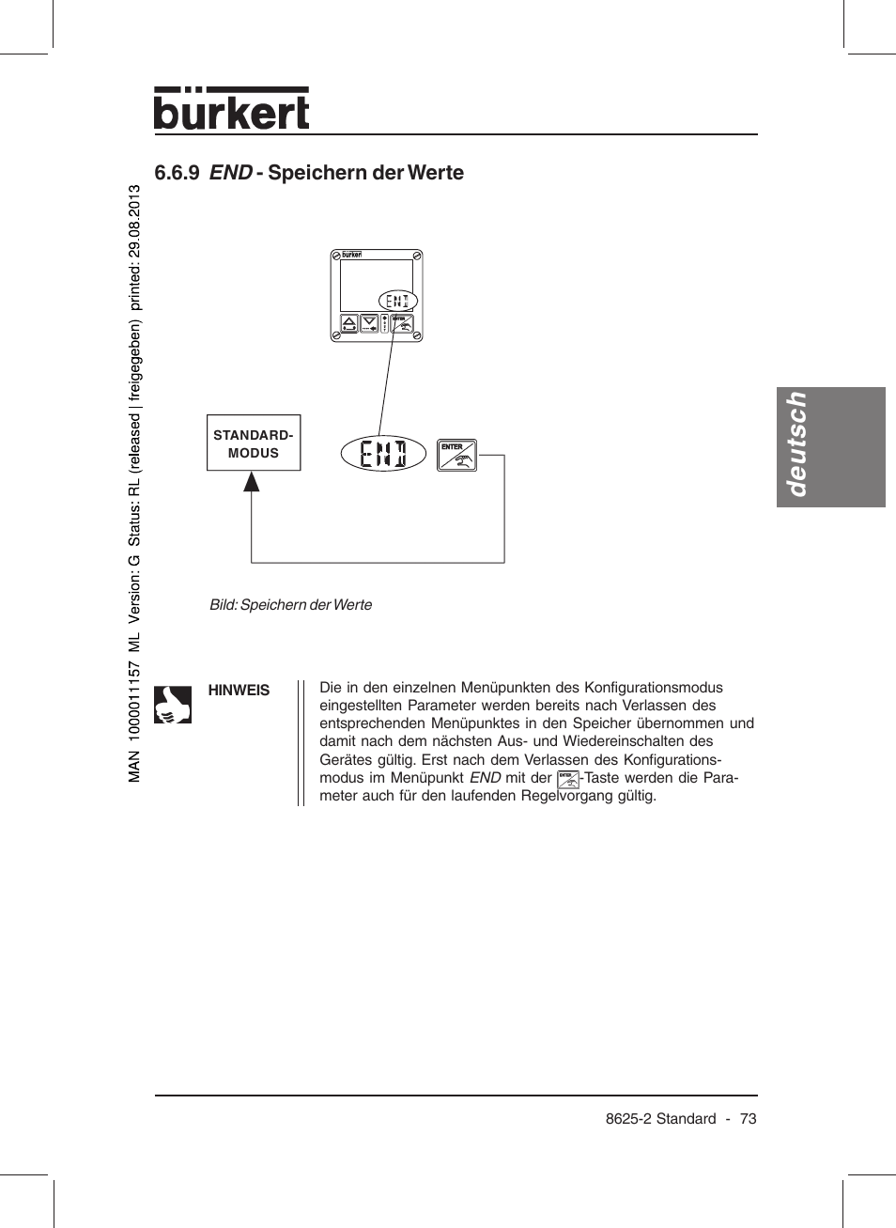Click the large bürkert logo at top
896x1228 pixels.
[x=231, y=110]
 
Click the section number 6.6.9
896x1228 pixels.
[x=177, y=173]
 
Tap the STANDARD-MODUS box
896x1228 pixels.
[x=254, y=443]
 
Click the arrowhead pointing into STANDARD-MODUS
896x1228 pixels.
[x=251, y=482]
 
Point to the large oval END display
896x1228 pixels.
[x=383, y=454]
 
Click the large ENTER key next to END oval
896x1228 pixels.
[x=457, y=455]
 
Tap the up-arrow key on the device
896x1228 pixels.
[x=348, y=324]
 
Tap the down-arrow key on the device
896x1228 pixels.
[x=369, y=324]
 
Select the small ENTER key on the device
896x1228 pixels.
[x=402, y=324]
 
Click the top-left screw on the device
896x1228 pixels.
[x=336, y=256]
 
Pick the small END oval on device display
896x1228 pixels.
[x=398, y=301]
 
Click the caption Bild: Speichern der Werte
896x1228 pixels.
[x=290, y=605]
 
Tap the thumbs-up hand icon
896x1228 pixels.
[x=173, y=704]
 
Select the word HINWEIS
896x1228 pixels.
[x=239, y=691]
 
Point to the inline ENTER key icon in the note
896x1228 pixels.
[x=568, y=779]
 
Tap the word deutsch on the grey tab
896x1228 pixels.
[x=796, y=444]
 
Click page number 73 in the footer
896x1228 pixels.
[x=748, y=1119]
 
